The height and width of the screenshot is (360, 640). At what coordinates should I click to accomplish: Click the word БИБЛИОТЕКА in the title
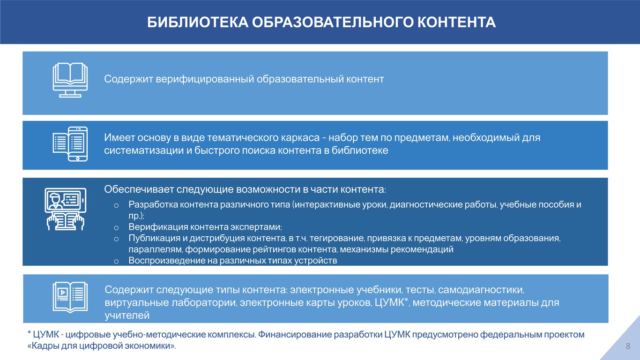[198, 22]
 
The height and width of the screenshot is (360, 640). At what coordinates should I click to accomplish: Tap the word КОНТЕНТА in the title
[456, 22]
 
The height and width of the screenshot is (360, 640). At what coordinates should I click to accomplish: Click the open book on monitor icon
[70, 80]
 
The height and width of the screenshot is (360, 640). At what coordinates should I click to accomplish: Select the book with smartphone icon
[70, 144]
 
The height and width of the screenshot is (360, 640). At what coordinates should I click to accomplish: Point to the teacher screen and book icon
[66, 209]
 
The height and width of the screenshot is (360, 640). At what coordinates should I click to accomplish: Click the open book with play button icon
[70, 297]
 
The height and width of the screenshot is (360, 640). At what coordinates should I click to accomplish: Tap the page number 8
[628, 346]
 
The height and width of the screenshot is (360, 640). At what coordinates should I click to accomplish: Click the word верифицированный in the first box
[205, 79]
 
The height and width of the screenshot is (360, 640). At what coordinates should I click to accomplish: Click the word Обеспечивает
[139, 189]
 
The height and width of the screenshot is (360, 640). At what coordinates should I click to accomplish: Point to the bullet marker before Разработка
[116, 205]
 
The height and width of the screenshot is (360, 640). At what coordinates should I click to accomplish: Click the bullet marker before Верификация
[116, 228]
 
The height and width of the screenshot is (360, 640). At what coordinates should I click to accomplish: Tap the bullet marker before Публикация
[116, 239]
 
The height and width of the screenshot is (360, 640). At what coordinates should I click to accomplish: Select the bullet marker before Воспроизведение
[116, 262]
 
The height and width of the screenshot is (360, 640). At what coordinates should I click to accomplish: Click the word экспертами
[256, 227]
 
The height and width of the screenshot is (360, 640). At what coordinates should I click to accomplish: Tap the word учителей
[127, 315]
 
